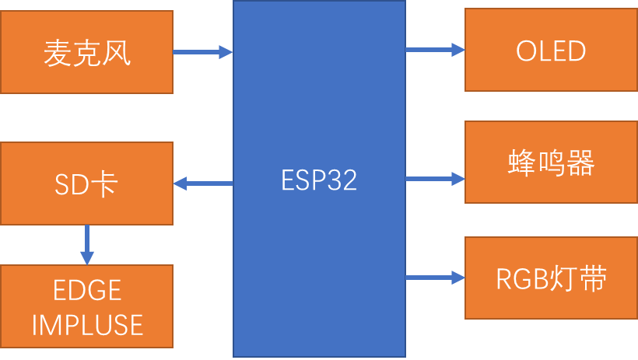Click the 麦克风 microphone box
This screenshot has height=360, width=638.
click(86, 52)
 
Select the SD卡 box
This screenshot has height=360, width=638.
click(86, 183)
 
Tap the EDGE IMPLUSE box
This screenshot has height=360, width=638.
click(86, 306)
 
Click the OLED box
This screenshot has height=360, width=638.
click(551, 51)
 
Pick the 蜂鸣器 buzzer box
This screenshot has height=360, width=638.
click(551, 163)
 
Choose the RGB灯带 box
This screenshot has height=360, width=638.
click(551, 278)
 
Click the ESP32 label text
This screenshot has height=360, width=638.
click(319, 180)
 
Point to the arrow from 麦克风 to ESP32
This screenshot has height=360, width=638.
click(203, 52)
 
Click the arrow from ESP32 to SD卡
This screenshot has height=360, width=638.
click(203, 183)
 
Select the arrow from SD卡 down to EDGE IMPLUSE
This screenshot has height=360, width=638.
click(86, 245)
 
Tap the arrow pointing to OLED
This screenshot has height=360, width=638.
click(435, 51)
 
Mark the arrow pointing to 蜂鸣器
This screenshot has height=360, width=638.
click(435, 179)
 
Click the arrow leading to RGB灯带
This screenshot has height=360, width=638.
click(435, 277)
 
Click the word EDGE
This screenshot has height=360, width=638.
click(87, 291)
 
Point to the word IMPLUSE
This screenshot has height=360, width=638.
click(87, 324)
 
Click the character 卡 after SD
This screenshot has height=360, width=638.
click(105, 184)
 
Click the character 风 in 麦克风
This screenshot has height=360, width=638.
click(117, 53)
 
